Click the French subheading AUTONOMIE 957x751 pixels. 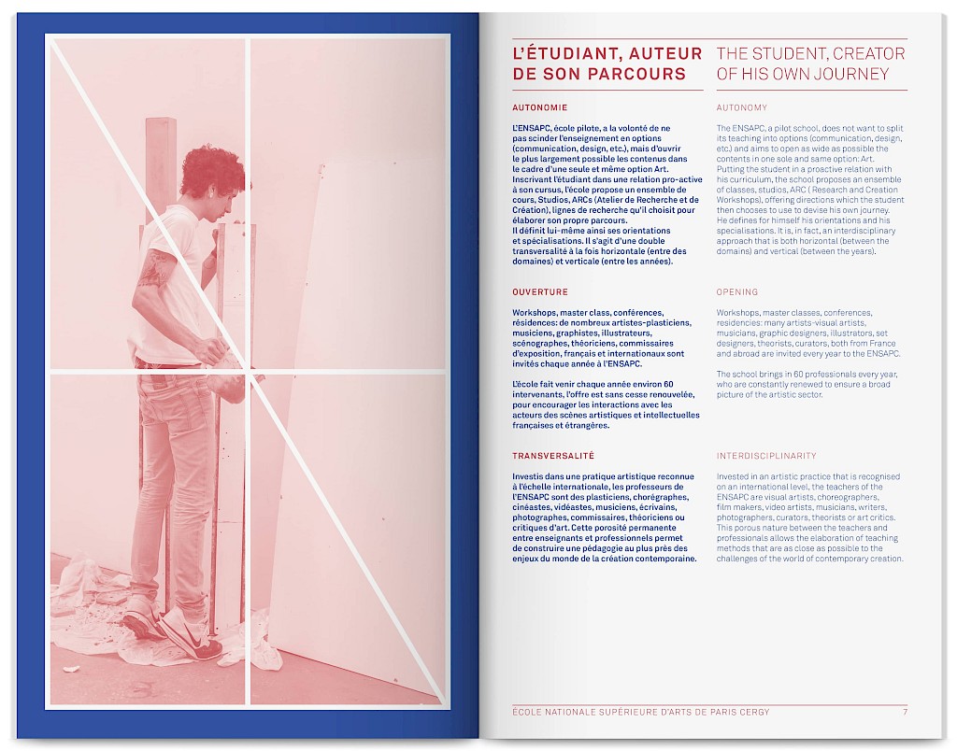[539, 107]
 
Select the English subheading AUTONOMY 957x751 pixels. [741, 107]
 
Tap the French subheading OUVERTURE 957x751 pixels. [539, 291]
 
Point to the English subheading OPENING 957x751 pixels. [736, 291]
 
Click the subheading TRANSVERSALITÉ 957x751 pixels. [553, 456]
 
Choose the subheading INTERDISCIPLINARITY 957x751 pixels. [766, 456]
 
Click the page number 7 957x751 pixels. [905, 712]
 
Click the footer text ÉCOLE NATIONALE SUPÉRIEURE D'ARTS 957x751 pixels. [610, 712]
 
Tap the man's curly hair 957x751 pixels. [209, 170]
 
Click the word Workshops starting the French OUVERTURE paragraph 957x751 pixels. [535, 312]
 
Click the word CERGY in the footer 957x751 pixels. [756, 712]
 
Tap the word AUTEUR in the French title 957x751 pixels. [658, 53]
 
